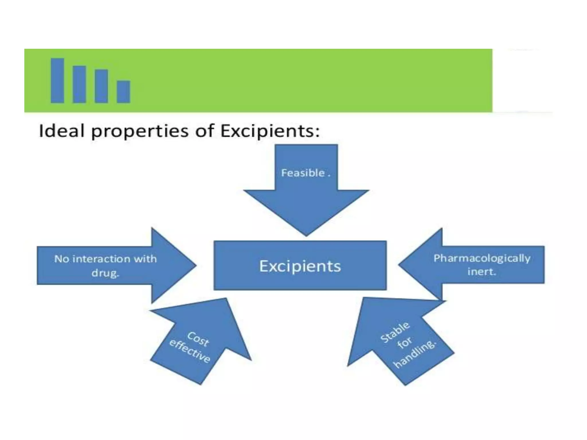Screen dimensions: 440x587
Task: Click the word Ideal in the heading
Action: click(x=61, y=131)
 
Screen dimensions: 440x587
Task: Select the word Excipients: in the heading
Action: click(x=270, y=131)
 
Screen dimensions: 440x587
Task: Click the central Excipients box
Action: click(x=300, y=266)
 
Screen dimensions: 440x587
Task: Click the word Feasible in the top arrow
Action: click(x=303, y=173)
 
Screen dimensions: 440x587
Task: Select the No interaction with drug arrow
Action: click(x=115, y=266)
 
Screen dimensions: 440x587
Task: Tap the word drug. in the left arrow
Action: click(x=105, y=273)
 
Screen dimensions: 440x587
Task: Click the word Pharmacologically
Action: click(x=482, y=258)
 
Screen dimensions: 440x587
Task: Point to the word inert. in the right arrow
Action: click(x=482, y=272)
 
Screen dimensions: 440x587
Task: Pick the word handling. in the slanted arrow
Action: click(x=415, y=354)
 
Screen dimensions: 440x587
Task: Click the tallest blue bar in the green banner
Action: click(x=57, y=80)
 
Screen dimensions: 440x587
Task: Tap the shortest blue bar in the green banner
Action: click(x=124, y=92)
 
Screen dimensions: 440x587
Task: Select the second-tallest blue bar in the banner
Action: click(x=79, y=84)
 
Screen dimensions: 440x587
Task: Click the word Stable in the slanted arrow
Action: click(x=395, y=332)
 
